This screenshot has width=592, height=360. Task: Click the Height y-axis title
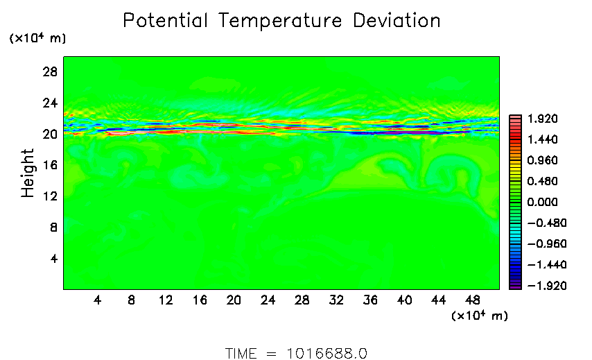point(28,173)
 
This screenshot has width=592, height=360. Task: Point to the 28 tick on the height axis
point(51,72)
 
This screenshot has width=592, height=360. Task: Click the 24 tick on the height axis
point(51,103)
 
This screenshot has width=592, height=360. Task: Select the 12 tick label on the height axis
point(51,196)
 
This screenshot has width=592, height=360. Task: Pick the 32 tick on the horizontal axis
point(336,301)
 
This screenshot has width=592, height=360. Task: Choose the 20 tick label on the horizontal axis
point(234,301)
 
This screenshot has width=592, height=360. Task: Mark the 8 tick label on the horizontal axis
point(131,301)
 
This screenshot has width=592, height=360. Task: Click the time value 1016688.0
point(327,353)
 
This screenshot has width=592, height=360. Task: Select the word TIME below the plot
point(241,353)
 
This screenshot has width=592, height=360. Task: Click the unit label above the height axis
point(37,39)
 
